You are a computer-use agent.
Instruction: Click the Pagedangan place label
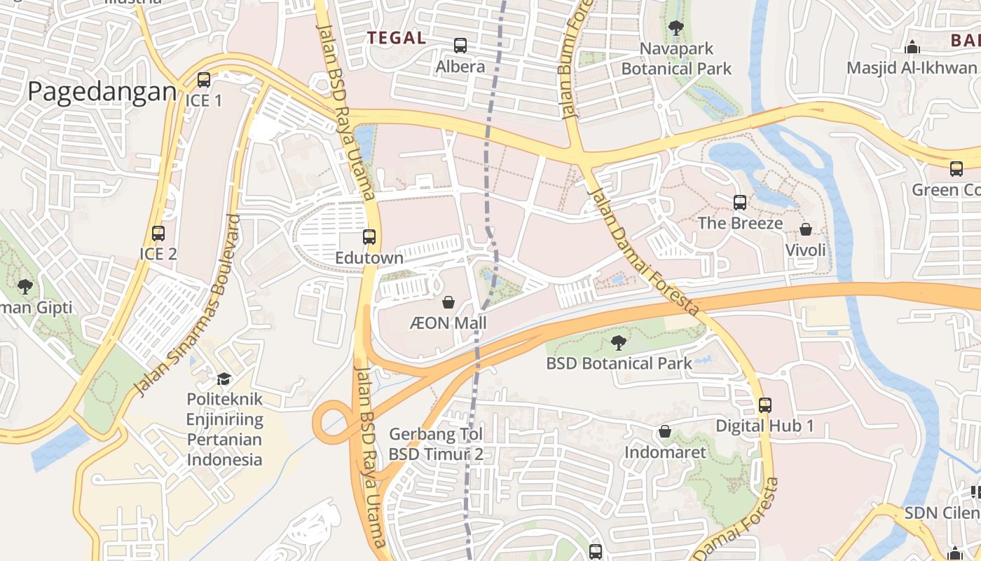102,92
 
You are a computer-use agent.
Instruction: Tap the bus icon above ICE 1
204,80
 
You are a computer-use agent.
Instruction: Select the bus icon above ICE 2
158,233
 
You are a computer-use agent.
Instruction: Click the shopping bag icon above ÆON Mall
448,302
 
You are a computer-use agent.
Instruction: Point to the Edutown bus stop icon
369,237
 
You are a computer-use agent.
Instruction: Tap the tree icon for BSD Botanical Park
618,342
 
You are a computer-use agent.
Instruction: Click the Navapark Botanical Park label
676,59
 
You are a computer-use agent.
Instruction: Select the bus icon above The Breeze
740,203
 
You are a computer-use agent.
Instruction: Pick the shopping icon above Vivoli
806,229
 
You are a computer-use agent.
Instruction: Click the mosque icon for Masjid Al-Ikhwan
912,47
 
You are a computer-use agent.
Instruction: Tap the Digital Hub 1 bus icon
765,405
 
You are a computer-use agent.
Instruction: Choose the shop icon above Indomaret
665,431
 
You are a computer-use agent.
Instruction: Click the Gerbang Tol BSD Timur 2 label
436,444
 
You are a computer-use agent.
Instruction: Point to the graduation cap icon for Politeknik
224,379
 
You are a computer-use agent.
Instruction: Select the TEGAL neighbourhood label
397,38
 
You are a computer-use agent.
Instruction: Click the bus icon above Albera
460,46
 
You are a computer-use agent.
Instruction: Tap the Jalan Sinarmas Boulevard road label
187,305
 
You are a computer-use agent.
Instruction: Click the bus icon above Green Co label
956,169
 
